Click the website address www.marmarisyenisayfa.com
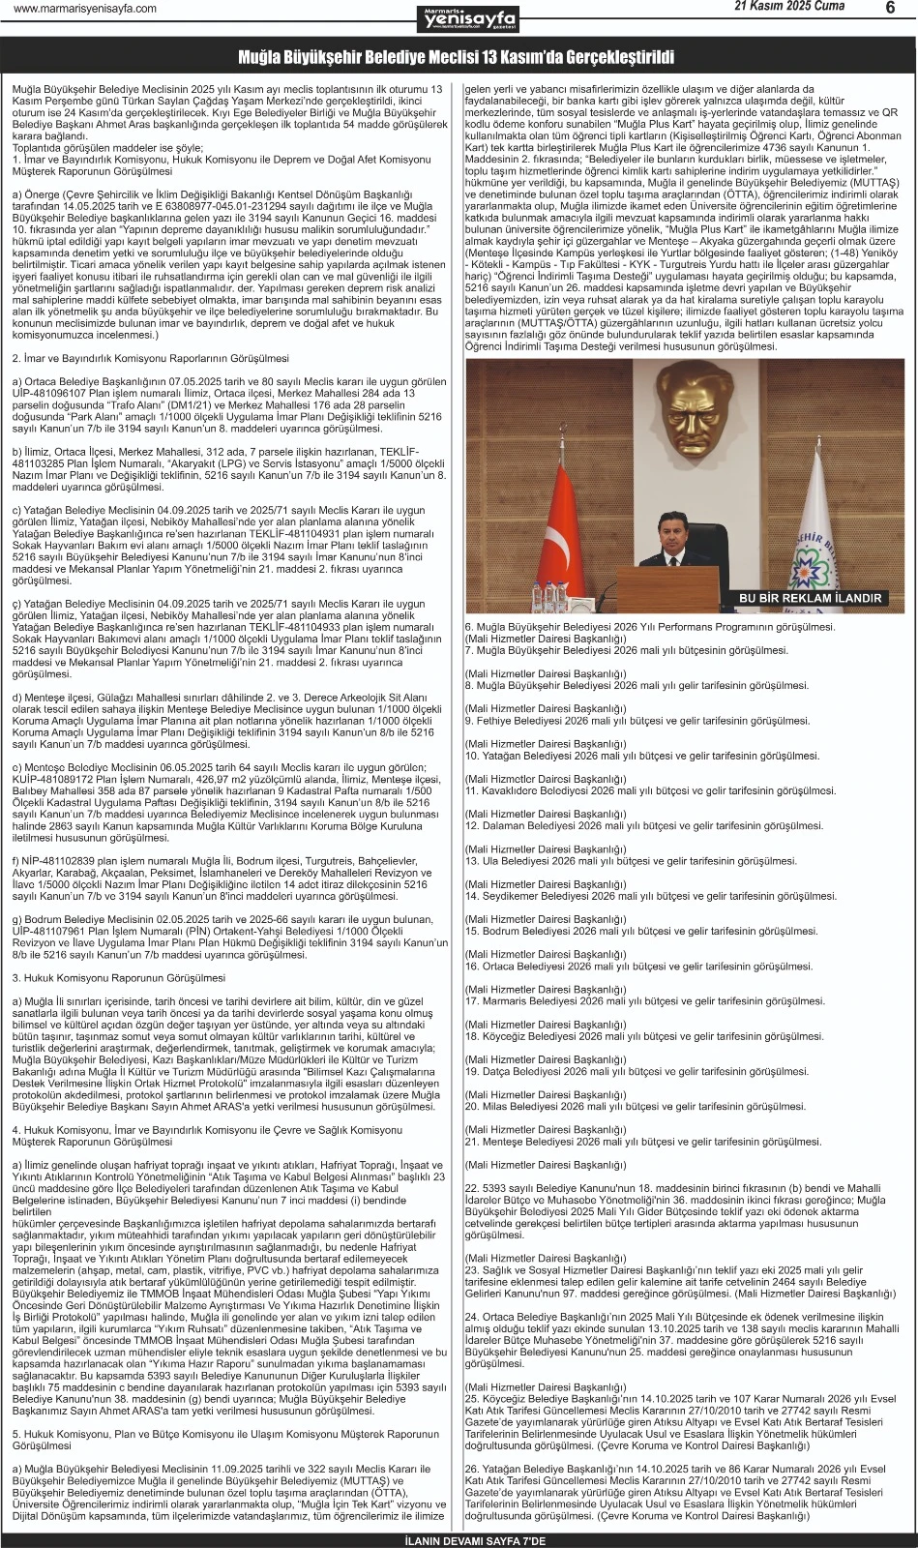(x=85, y=9)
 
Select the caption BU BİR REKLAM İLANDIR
(x=810, y=598)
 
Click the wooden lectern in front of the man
(x=667, y=588)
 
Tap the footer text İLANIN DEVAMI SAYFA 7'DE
(x=459, y=1539)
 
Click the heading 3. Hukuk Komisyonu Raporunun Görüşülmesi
(x=119, y=978)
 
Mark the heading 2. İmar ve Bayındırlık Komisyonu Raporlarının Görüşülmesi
(x=150, y=358)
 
